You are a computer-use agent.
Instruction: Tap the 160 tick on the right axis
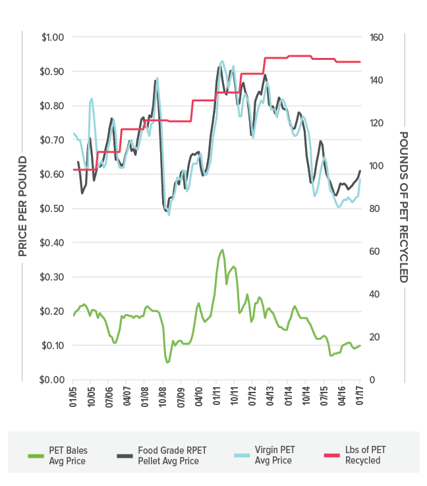point(376,37)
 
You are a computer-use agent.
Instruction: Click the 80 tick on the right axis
point(374,209)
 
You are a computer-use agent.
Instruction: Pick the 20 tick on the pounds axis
point(374,337)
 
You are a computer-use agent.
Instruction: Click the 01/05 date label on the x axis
point(73,397)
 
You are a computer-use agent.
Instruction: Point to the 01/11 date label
point(217,397)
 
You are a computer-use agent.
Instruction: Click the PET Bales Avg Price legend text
point(69,455)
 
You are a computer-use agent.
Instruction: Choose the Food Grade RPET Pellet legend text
point(172,455)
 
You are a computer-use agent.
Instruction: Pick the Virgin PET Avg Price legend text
point(273,455)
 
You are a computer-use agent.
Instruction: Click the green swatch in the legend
point(36,455)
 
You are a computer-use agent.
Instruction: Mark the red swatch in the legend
point(332,455)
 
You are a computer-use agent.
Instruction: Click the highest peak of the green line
point(222,250)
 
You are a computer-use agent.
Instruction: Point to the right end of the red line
point(360,62)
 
